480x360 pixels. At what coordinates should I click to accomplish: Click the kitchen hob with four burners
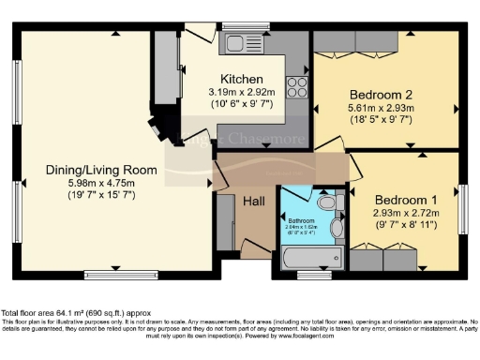(297, 87)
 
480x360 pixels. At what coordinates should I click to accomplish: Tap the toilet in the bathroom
(325, 202)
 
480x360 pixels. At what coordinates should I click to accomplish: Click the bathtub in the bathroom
(307, 257)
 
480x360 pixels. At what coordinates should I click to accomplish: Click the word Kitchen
(241, 79)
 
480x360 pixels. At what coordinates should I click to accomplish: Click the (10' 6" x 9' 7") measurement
(241, 104)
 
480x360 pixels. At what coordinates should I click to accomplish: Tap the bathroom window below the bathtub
(307, 276)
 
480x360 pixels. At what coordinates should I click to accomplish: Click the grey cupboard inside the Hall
(225, 222)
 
